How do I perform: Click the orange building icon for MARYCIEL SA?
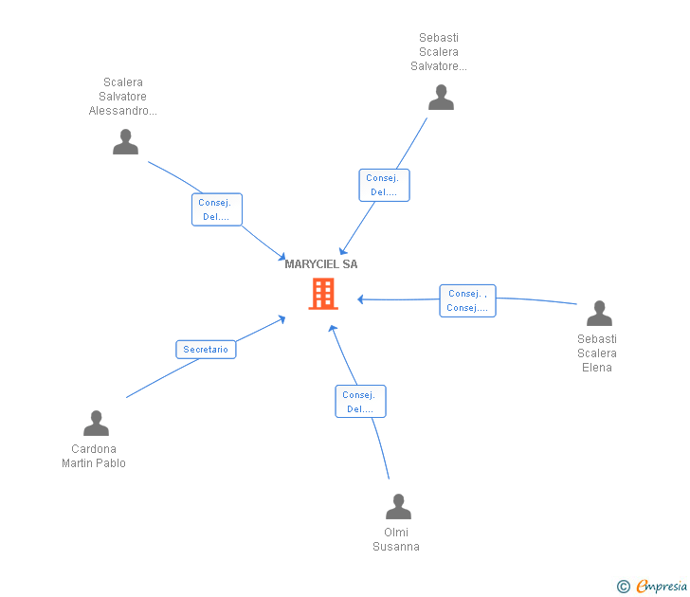tap(323, 294)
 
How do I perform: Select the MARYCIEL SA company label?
tap(321, 264)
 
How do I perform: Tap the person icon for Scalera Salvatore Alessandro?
tap(125, 142)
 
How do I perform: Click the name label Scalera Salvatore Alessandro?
tap(123, 97)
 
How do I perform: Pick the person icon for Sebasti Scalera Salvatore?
tap(441, 98)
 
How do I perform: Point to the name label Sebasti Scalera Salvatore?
tap(439, 52)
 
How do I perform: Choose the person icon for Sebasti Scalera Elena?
tap(599, 313)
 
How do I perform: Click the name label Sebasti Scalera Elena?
tap(597, 353)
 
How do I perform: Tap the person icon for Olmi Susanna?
tap(398, 507)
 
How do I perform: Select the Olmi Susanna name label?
tap(396, 539)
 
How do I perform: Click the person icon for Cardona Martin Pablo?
tap(96, 424)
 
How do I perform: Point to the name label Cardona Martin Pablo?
tap(94, 456)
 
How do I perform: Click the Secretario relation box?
tap(206, 350)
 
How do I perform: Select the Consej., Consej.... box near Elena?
tap(467, 300)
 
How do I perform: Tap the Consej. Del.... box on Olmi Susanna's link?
tap(360, 402)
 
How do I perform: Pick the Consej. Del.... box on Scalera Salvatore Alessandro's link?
tap(217, 209)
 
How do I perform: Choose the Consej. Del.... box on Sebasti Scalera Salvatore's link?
tap(384, 185)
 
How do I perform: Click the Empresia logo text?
tap(661, 587)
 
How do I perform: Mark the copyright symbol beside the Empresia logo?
tap(623, 587)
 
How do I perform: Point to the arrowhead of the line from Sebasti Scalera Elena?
tap(360, 299)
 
